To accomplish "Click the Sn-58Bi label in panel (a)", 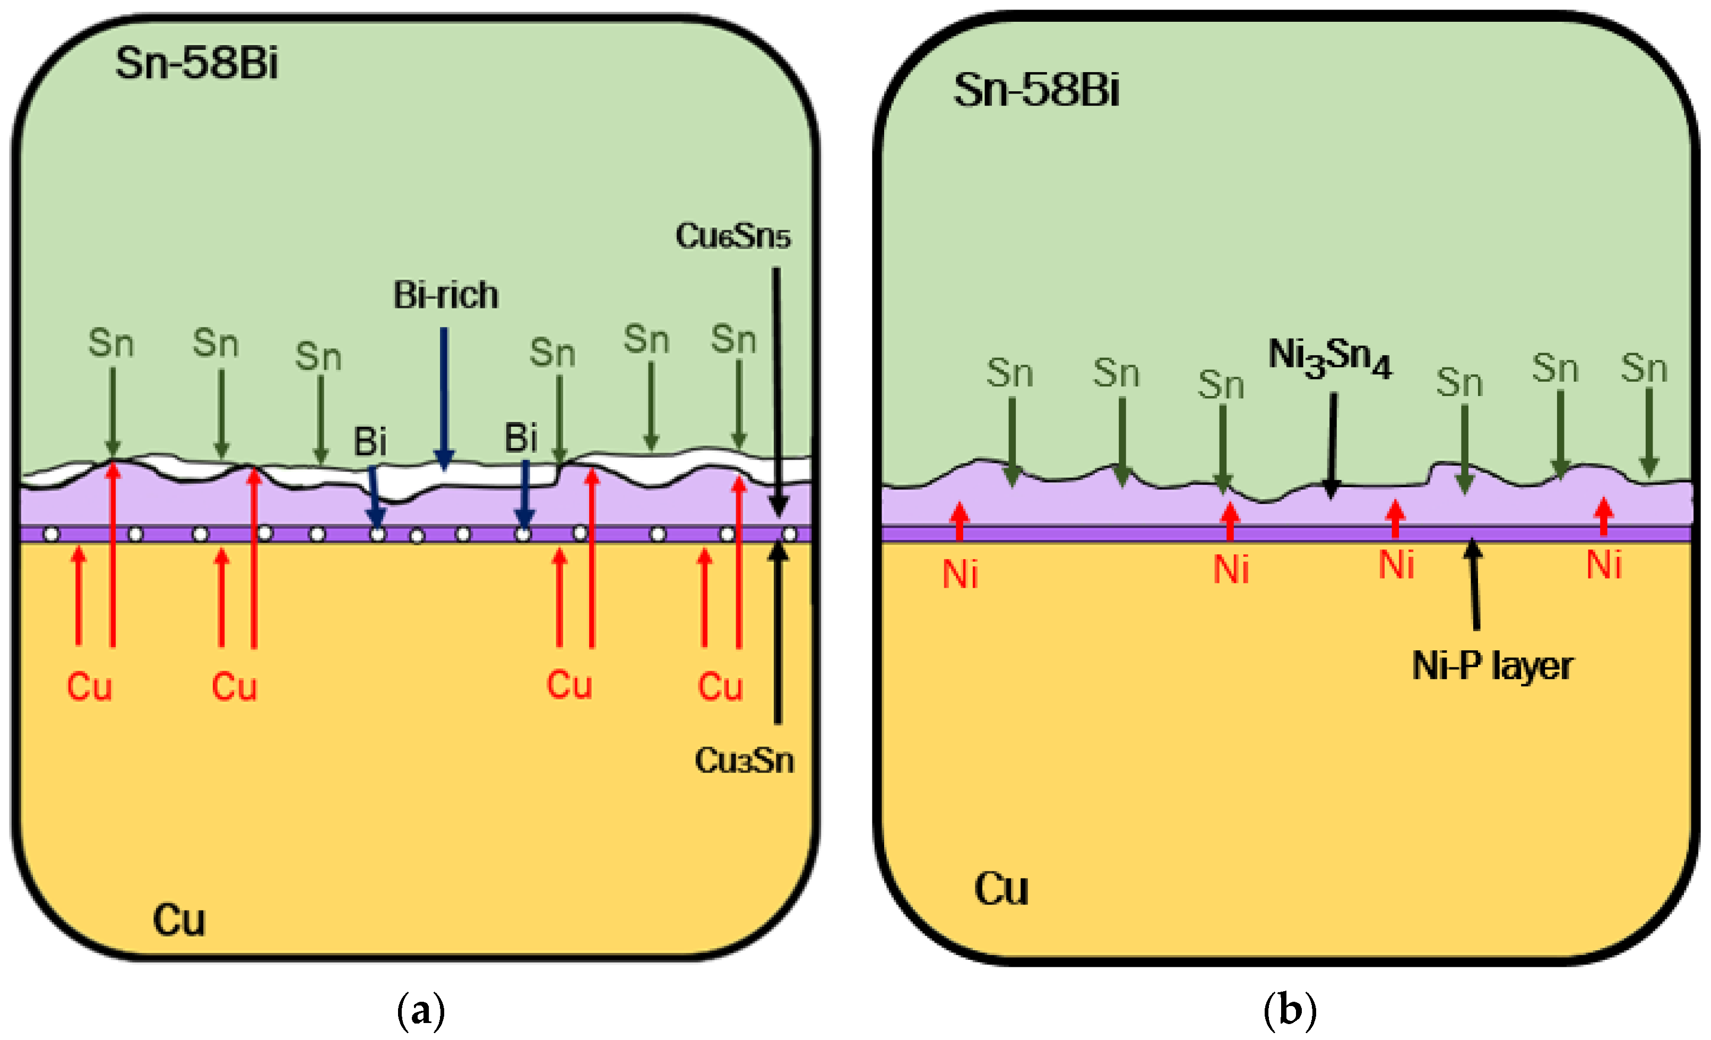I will click(196, 63).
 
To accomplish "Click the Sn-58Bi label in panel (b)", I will click(1036, 90).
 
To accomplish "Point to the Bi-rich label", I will click(446, 295).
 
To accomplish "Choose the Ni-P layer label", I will click(1492, 666).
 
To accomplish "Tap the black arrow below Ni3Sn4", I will click(1332, 445).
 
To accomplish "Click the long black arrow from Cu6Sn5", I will click(777, 389).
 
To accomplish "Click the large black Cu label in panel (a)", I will click(179, 921).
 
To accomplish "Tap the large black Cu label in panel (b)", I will click(1000, 889).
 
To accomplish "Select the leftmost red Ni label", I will click(961, 574).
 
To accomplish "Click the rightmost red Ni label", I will click(1604, 565).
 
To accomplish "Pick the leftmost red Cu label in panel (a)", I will click(90, 687).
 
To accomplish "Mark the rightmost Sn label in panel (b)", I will click(1644, 368).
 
